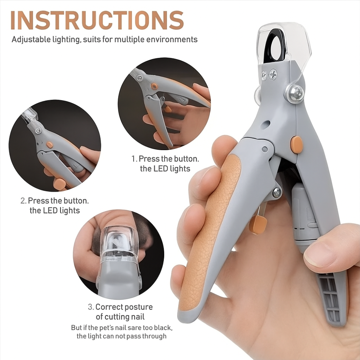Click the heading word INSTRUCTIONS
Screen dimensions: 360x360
point(97,20)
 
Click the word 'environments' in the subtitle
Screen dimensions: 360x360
point(172,39)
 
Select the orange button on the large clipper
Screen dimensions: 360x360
point(296,145)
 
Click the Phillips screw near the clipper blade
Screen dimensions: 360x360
point(273,75)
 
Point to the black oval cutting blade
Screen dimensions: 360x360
point(274,46)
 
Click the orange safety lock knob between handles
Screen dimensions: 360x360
point(258,225)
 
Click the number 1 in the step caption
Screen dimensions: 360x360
point(134,159)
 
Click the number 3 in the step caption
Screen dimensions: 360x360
point(90,307)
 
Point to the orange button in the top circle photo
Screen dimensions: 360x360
point(154,86)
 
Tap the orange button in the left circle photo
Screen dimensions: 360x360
point(49,145)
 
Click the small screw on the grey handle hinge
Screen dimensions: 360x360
point(277,192)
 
